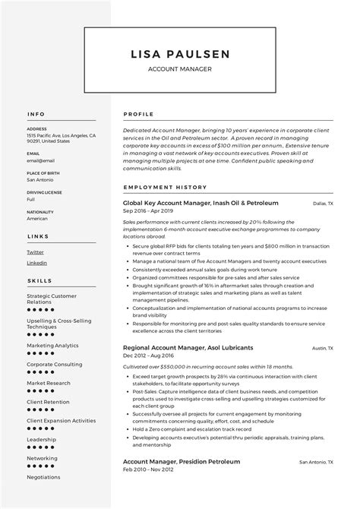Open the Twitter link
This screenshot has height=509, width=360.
click(x=35, y=251)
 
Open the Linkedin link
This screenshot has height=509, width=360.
click(x=36, y=262)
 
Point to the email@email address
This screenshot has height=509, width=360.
click(x=40, y=160)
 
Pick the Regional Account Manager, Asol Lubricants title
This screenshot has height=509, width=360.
click(x=188, y=348)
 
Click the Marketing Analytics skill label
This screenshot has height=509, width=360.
click(x=52, y=345)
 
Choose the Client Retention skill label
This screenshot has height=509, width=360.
click(x=48, y=402)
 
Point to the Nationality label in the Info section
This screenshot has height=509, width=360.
click(x=40, y=211)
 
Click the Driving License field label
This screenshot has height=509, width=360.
click(x=43, y=193)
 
